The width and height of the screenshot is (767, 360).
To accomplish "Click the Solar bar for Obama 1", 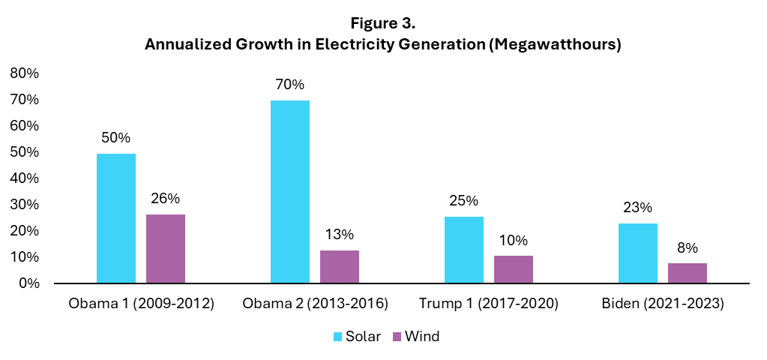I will coord(116,218).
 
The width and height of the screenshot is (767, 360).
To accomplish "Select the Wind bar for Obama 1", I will coord(166,249).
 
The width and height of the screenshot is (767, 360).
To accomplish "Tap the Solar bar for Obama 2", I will coord(290,192).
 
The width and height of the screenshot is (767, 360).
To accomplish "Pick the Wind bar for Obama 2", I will coord(340,266).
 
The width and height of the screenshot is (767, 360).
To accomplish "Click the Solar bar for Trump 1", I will coord(464,250).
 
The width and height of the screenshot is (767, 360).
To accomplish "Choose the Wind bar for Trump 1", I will coord(514,269).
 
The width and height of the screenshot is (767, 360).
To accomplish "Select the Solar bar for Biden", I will coord(638,253).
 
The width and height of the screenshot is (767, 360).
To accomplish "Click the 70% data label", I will coord(290,85).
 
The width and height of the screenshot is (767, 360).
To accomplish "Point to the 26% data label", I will coord(166,199).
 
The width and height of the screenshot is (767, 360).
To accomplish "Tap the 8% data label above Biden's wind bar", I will coord(688,247).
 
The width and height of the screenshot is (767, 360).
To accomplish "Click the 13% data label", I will coord(340,234).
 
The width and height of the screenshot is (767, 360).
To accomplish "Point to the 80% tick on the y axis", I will coord(24,73).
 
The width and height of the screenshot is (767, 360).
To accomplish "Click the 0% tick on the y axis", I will coord(28,283).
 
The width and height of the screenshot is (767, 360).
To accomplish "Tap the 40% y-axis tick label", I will coord(24,178).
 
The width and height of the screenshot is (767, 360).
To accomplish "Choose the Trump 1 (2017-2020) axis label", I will coord(489,304).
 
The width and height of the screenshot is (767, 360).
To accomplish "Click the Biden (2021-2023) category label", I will coord(663,304).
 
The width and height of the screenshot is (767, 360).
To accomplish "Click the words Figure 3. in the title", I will coord(383,24).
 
